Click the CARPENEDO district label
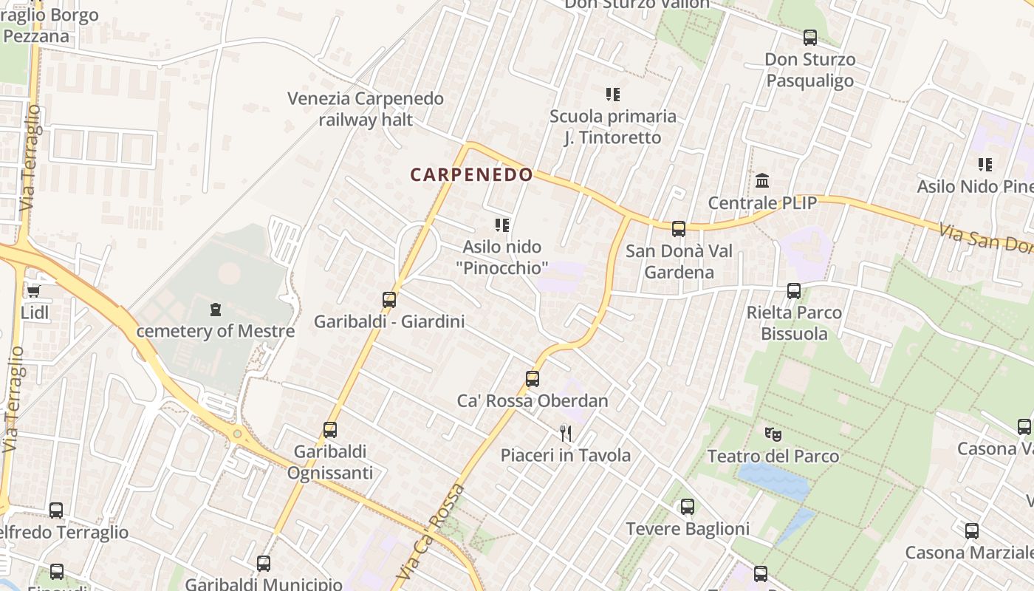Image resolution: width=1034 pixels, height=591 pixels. (x=471, y=175)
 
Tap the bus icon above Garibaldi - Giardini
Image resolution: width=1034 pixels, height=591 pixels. (x=389, y=300)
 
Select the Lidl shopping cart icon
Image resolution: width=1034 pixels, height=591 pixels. (x=33, y=291)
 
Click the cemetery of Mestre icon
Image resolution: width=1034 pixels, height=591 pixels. (x=215, y=309)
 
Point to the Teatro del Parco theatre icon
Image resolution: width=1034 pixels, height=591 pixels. (x=773, y=434)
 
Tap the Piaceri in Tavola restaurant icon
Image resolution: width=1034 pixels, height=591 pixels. (x=566, y=432)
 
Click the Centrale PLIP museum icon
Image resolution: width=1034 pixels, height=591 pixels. (x=762, y=180)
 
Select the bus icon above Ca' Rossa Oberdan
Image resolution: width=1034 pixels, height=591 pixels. (x=533, y=379)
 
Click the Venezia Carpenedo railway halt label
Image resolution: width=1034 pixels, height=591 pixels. (x=366, y=109)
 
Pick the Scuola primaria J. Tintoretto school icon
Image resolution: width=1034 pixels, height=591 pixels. (x=612, y=95)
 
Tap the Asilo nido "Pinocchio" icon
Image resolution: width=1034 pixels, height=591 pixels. (x=502, y=225)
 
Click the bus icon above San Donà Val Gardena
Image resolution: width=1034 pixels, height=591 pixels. (x=679, y=229)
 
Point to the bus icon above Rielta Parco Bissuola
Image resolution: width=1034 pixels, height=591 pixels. (x=794, y=291)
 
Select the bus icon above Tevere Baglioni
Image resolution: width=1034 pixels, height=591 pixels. (x=688, y=507)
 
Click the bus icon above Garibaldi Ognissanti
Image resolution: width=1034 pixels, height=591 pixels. (x=330, y=430)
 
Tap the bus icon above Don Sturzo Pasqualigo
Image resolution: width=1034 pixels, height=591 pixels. (x=810, y=38)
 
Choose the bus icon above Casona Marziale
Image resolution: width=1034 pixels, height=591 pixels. (x=972, y=530)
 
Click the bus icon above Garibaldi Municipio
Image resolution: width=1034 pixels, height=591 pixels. (x=264, y=564)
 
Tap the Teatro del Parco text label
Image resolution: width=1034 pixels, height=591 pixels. (x=773, y=456)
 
